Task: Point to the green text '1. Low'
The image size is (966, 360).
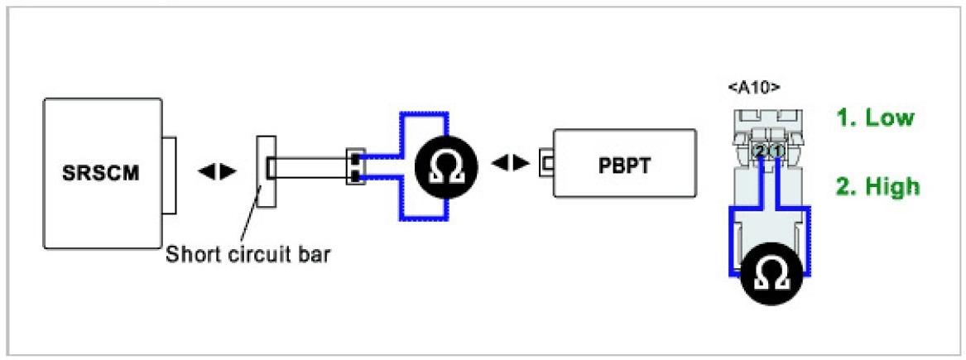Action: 875,118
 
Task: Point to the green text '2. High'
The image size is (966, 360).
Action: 877,186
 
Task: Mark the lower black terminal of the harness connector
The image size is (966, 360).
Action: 354,176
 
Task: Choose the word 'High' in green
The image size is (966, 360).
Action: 892,186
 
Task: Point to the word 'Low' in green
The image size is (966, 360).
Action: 889,118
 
